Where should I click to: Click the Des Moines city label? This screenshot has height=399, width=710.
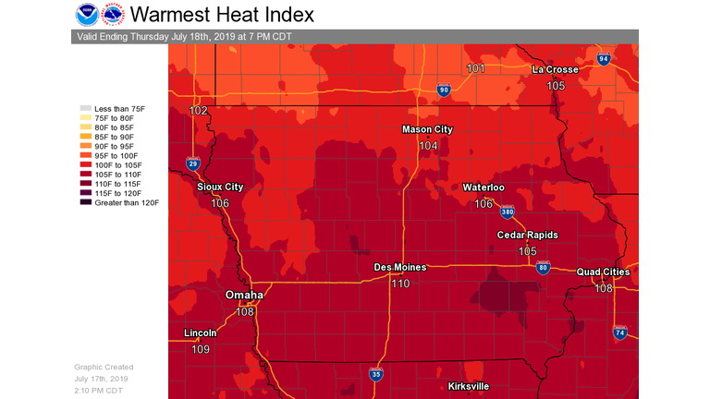click(x=399, y=267)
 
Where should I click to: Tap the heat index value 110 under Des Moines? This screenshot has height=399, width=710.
click(x=399, y=284)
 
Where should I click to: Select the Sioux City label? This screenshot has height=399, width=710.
click(x=220, y=187)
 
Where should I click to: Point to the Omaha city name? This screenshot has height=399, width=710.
click(x=244, y=295)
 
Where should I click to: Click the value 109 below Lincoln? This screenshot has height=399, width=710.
click(x=201, y=349)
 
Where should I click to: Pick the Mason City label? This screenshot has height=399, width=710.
click(x=427, y=129)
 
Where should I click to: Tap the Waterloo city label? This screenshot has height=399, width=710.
click(x=484, y=187)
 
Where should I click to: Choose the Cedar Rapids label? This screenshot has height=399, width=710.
click(x=527, y=235)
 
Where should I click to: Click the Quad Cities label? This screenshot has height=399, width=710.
click(x=603, y=272)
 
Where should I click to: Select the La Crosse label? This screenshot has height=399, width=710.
click(x=556, y=69)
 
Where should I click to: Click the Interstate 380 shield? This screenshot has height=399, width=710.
click(x=508, y=212)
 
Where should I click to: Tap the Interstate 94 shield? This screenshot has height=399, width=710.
click(x=603, y=59)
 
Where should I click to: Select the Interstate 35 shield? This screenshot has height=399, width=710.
click(x=376, y=374)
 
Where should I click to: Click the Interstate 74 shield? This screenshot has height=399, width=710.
click(x=620, y=332)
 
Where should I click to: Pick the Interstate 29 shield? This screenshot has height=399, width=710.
click(x=192, y=163)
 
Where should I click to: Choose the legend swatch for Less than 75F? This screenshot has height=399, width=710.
click(x=86, y=109)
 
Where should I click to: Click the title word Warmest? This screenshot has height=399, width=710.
click(x=168, y=15)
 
